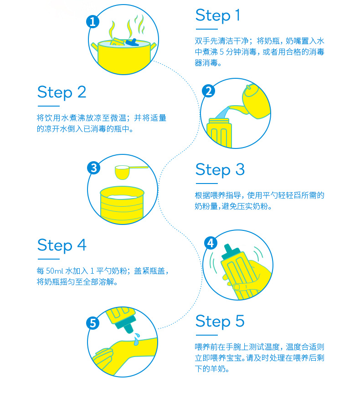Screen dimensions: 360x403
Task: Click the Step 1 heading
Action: click(x=218, y=15)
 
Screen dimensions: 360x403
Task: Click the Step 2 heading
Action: click(x=62, y=92)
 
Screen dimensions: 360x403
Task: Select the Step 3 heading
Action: click(x=220, y=170)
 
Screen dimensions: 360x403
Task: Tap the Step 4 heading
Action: click(x=62, y=245)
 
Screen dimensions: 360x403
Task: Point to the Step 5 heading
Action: click(x=220, y=321)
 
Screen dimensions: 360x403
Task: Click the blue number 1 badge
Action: click(x=93, y=21)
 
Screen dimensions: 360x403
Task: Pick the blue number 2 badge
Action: click(x=209, y=91)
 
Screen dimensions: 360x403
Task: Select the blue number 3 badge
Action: click(x=93, y=168)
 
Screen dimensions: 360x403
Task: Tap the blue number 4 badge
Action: click(x=211, y=243)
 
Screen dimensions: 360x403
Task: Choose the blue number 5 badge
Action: click(x=93, y=323)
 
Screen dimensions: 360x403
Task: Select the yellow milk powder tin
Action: click(x=122, y=205)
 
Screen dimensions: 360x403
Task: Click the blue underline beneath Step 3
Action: click(x=207, y=184)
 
